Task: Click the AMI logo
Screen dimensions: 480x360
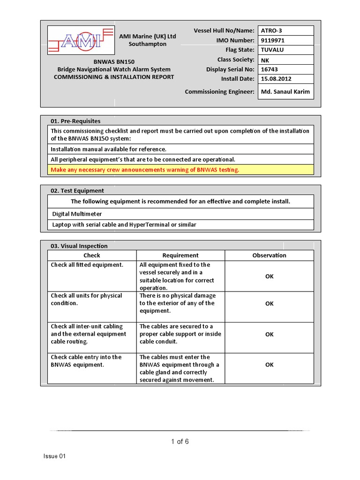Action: (81, 40)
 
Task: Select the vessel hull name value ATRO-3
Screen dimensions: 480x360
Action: (272, 31)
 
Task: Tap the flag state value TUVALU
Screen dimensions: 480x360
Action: (272, 50)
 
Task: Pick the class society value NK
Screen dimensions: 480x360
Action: (265, 60)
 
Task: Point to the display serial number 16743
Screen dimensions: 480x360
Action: (269, 69)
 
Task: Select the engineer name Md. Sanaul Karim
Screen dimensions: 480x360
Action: (285, 91)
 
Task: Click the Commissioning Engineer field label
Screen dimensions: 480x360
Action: (219, 91)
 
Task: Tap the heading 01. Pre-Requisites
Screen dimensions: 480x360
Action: (75, 121)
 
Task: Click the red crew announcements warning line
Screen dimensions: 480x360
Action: (145, 170)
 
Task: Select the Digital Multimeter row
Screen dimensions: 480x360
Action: (77, 214)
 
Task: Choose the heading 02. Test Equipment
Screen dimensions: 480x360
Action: (77, 191)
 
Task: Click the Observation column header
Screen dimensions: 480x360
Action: (269, 255)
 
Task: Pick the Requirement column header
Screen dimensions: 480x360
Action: (180, 255)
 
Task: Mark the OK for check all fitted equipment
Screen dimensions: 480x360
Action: (269, 276)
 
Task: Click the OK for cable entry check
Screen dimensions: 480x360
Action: (269, 365)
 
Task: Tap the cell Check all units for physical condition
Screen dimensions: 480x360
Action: (86, 299)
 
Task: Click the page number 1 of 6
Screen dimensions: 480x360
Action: (180, 442)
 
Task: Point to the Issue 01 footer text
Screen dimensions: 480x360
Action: (55, 457)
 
